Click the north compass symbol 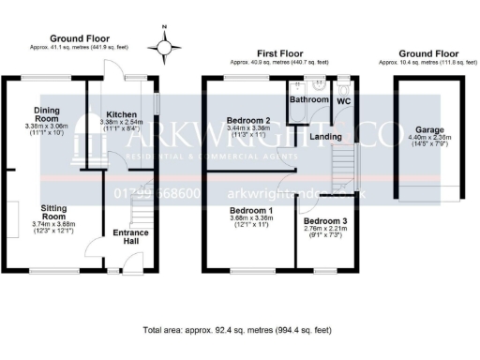coord(166,44)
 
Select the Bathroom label coord(307,99)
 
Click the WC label coord(343,99)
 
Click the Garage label coord(431,129)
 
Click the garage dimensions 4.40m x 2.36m coord(431,137)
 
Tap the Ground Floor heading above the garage coord(427,55)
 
